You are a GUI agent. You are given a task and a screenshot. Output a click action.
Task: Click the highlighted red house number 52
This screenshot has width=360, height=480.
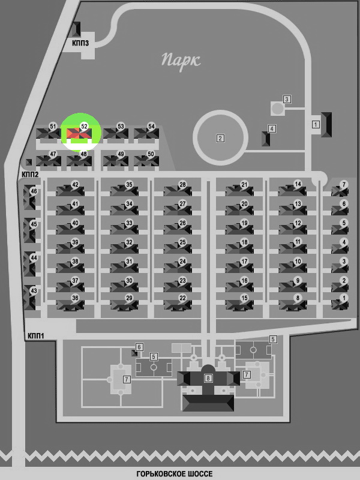[x=79, y=133]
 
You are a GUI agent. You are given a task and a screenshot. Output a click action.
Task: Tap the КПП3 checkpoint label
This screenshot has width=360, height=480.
[x=80, y=43]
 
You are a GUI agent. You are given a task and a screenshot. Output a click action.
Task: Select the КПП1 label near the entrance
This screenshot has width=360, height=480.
[x=36, y=336]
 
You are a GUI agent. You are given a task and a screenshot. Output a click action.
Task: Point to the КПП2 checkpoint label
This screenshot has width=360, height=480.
[x=30, y=175]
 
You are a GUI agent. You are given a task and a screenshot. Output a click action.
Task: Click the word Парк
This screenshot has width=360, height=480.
[x=181, y=61]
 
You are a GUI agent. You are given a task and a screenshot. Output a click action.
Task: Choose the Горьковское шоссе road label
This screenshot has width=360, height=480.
[x=175, y=474]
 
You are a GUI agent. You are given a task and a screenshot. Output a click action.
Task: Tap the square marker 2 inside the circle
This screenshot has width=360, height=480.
[x=220, y=139]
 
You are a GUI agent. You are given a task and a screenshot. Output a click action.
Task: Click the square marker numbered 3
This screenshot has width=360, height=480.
[x=287, y=99]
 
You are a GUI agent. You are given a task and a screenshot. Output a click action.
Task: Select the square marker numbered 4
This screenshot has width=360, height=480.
[x=272, y=128]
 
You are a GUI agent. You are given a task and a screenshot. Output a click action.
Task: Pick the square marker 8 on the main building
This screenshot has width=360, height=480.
[x=208, y=379]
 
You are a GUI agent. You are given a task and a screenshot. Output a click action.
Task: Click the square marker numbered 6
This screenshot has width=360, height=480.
[x=139, y=347]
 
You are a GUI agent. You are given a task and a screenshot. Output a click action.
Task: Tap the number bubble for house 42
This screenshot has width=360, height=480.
[x=75, y=185]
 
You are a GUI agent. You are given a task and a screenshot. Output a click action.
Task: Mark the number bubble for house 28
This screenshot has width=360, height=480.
[x=182, y=185]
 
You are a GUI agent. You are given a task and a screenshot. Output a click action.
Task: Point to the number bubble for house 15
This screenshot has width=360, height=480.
[x=244, y=298]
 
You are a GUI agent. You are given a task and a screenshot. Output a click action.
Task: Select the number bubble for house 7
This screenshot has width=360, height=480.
[x=344, y=185]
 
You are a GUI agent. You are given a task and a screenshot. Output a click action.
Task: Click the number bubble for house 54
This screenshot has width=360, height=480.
[x=151, y=127]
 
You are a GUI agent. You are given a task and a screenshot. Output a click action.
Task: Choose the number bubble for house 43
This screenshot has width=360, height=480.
[x=34, y=291]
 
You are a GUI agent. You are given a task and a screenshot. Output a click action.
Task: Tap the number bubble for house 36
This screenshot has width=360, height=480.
[x=75, y=298]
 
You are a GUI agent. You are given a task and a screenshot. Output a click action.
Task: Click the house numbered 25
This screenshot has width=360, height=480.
[x=178, y=247]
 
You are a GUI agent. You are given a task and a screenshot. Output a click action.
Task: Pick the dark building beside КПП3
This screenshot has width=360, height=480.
[x=76, y=29]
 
